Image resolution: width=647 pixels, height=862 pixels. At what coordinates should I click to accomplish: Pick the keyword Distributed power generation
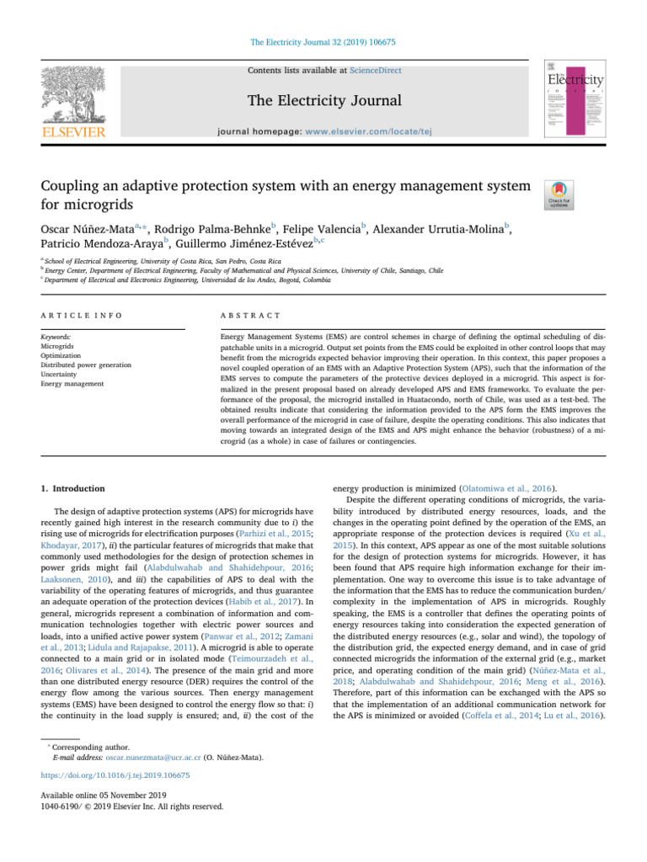[x=85, y=364]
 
